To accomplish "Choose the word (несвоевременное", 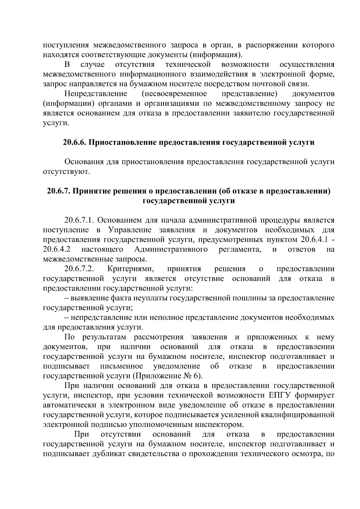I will [x=174, y=94].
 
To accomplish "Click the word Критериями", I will [x=130, y=269].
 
